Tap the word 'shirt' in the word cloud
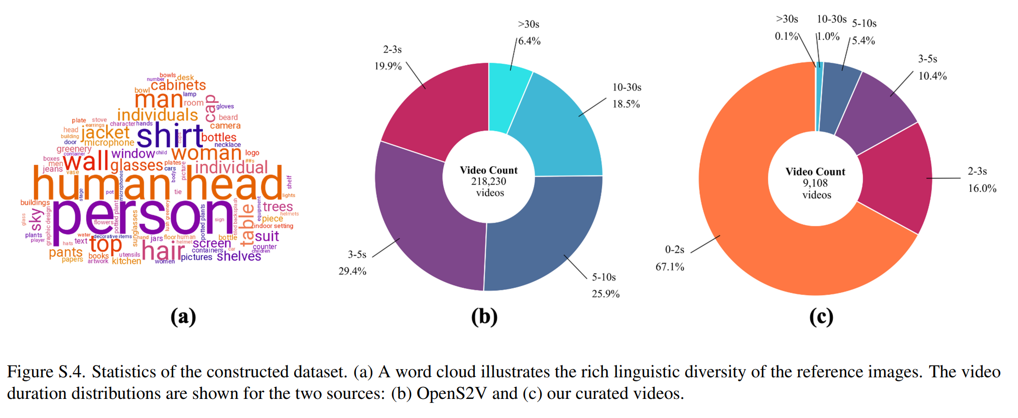pyautogui.click(x=169, y=136)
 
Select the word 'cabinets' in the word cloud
pyautogui.click(x=178, y=85)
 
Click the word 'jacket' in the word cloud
pyautogui.click(x=105, y=133)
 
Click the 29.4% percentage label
pyautogui.click(x=352, y=271)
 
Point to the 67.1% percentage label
pyautogui.click(x=670, y=267)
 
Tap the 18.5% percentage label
pyautogui.click(x=626, y=104)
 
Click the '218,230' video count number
pyautogui.click(x=488, y=181)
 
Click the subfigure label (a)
pyautogui.click(x=183, y=317)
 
